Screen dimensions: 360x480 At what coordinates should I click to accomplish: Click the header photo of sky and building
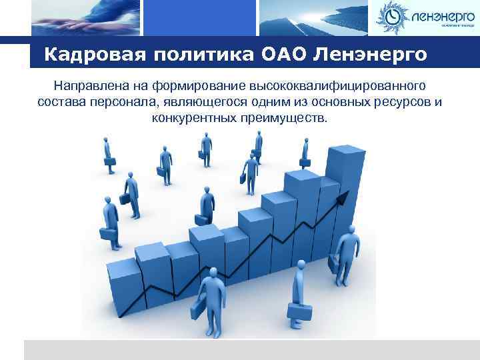(307, 17)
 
